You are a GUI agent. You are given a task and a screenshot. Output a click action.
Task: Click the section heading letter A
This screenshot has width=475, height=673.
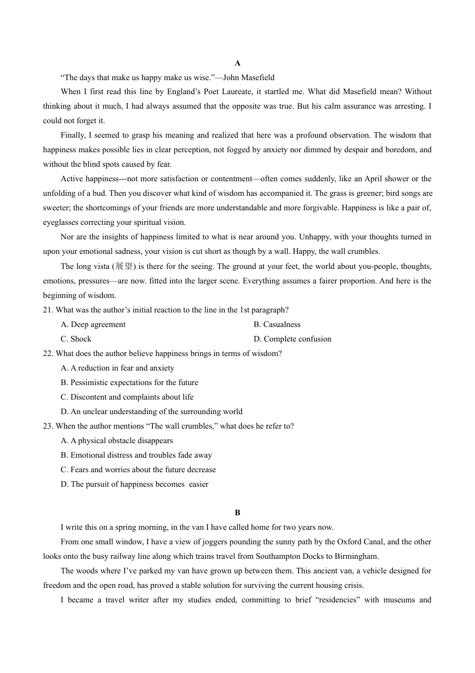[237, 63]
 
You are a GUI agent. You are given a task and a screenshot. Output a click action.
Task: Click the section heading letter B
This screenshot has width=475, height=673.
[237, 513]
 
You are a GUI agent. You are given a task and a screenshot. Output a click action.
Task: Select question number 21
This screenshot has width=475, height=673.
[48, 310]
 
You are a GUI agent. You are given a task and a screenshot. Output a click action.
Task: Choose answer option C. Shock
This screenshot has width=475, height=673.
[76, 339]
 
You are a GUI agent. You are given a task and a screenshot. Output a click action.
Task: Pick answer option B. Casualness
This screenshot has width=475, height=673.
[277, 324]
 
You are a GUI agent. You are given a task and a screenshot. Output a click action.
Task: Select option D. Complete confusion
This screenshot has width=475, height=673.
[292, 339]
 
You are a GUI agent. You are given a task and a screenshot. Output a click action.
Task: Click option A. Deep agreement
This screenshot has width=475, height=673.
[93, 324]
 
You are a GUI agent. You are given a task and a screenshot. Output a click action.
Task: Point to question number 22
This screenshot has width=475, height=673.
[48, 354]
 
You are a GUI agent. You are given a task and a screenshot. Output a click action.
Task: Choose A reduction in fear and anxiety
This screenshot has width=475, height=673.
[117, 368]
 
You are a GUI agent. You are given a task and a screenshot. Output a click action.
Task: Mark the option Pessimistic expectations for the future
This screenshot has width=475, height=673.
[129, 383]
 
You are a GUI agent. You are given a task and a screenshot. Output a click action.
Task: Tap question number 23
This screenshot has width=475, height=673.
[48, 426]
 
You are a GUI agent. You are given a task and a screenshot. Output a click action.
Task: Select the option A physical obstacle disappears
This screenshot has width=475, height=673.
[117, 441]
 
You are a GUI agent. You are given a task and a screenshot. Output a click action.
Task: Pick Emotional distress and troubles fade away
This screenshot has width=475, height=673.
[136, 455]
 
